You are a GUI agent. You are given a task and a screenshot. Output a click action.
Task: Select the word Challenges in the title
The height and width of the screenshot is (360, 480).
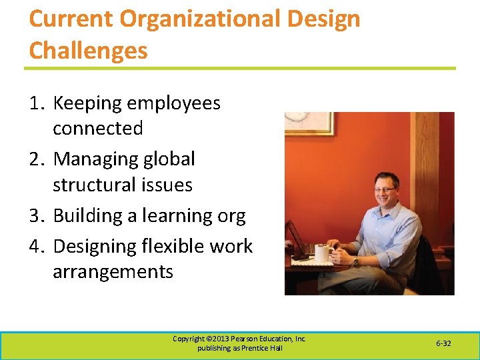tap(88, 50)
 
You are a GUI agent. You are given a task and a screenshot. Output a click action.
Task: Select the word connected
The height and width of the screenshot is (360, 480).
tap(98, 128)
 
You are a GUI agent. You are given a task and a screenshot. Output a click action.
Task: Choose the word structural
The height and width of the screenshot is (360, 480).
tap(98, 185)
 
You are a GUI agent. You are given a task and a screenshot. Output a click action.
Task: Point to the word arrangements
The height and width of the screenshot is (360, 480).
tap(113, 272)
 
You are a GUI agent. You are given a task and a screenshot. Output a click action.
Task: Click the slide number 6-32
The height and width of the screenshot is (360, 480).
tap(443, 343)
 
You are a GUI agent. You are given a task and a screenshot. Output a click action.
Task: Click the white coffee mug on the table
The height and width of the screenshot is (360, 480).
tap(323, 253)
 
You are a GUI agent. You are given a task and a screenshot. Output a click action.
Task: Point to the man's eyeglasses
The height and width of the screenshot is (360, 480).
tap(386, 190)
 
